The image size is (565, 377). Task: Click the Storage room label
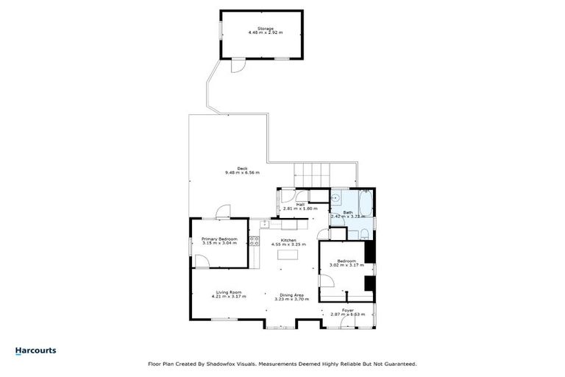[x=265, y=29]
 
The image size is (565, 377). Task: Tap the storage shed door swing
[x=236, y=66]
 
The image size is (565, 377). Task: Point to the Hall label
[x=300, y=205]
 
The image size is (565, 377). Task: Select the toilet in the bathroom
[x=363, y=234]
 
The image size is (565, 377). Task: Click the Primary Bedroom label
[x=219, y=239]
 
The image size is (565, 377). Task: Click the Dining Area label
[x=292, y=295]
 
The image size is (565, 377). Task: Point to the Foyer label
[x=347, y=310]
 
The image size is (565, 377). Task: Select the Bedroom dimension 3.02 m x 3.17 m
[x=347, y=266]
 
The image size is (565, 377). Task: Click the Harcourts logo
[x=35, y=350]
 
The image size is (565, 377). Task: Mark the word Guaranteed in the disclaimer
[x=400, y=363]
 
